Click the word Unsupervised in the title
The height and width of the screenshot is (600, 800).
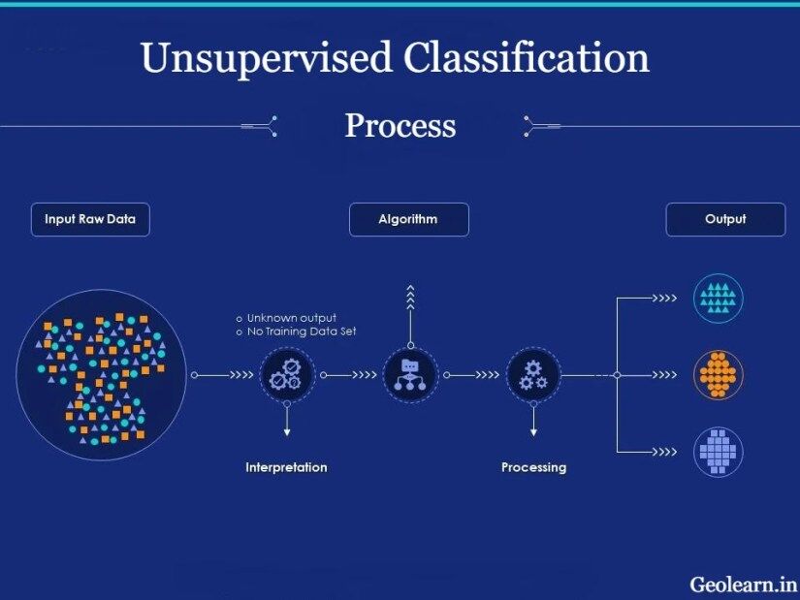tap(267, 59)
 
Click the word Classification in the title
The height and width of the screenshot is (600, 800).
tap(526, 59)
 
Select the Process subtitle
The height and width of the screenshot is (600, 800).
tap(400, 125)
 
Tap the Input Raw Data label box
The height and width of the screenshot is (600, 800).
tap(90, 219)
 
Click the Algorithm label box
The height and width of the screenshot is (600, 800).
tap(408, 219)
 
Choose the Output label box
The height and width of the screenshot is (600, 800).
tap(725, 219)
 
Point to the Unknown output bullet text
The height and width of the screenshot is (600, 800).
tap(291, 318)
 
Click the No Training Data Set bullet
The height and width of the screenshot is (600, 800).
tap(301, 332)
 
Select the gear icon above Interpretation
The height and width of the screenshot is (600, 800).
tap(287, 374)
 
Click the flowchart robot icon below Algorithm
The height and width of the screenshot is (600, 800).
tap(409, 374)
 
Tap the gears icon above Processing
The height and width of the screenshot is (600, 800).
tap(533, 374)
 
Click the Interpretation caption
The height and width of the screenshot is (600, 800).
tap(286, 467)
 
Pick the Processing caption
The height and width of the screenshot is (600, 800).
tap(533, 467)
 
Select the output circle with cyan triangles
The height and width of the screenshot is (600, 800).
tap(719, 299)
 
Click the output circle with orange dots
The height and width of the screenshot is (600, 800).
tap(719, 374)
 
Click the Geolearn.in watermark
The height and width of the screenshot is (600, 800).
tap(743, 584)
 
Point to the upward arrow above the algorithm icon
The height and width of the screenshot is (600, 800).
tap(410, 300)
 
